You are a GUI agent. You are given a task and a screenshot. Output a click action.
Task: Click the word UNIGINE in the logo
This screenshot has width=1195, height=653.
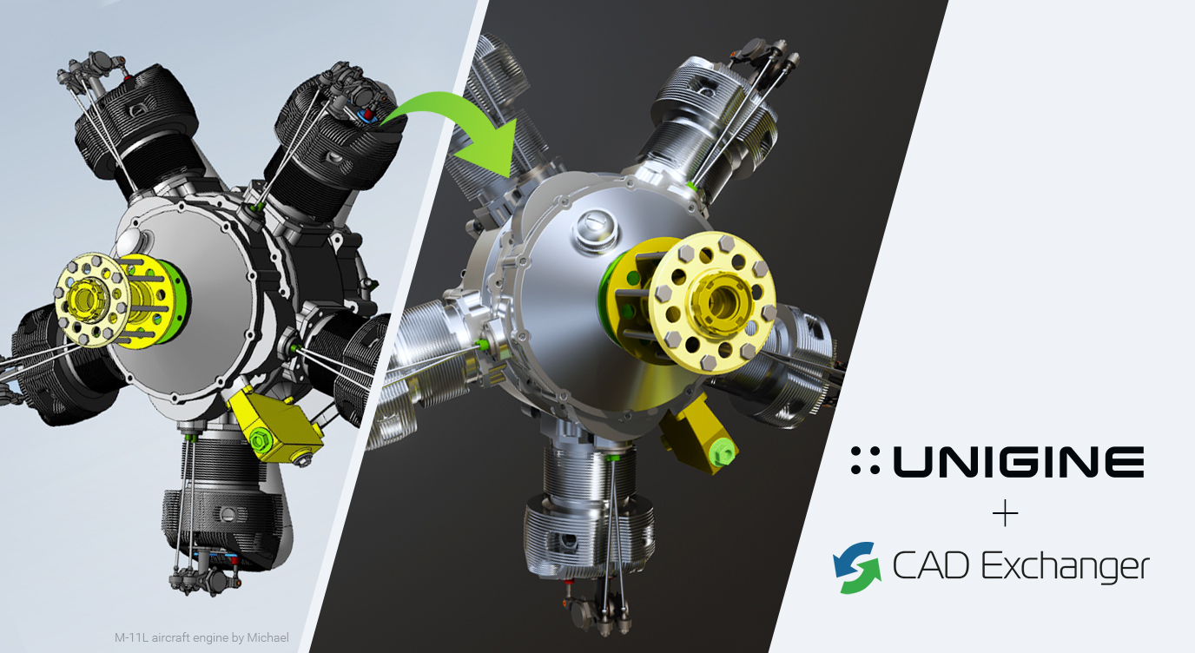1019,461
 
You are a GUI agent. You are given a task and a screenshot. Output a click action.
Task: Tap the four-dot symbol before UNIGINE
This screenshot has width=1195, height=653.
865,461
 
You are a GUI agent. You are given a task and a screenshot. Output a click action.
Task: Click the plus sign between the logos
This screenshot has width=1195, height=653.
1006,514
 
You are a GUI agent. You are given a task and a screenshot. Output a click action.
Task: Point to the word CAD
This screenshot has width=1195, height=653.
931,565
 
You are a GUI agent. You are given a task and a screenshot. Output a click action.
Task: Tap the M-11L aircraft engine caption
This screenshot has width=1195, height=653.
201,637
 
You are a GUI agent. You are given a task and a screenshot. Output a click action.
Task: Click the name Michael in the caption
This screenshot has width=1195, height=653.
267,637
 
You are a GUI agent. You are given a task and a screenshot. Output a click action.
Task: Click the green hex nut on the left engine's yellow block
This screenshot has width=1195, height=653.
260,440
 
